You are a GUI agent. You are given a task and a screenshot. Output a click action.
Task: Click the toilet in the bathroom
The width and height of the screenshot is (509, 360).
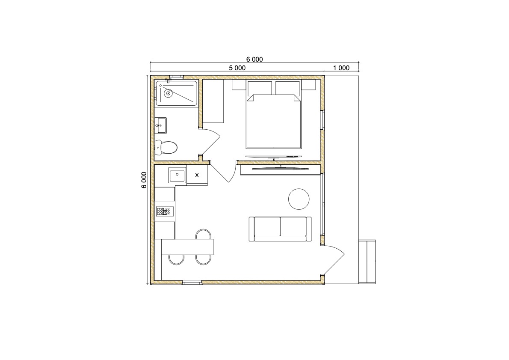coord(166,148)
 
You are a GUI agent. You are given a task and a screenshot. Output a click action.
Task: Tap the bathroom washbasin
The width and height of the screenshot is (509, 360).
coord(160,125)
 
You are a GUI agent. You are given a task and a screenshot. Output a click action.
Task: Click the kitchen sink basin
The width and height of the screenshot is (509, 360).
coord(177,176)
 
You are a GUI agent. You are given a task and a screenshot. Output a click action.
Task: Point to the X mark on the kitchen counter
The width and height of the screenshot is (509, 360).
coord(197,175)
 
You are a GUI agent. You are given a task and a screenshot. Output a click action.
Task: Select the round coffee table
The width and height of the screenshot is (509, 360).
coord(299,199)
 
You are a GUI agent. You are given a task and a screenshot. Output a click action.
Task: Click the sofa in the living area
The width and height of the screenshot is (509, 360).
coord(280,229)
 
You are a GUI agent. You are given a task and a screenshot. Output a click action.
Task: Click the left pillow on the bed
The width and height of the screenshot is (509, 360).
coord(260,88)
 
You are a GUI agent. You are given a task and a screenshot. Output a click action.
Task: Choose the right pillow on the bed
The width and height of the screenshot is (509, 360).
coord(287,88)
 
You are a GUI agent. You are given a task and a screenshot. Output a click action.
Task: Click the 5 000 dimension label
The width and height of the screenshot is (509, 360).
coord(237,68)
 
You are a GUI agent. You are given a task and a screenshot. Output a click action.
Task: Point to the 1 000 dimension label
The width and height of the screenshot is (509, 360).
coord(341,68)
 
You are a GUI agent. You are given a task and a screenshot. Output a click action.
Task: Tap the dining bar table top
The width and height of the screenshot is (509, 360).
coord(187,247)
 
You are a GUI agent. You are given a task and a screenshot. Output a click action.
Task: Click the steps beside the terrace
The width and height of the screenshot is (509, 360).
coord(367,262)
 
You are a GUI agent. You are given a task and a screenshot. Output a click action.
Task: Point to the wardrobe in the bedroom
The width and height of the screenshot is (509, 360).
coord(213,101)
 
